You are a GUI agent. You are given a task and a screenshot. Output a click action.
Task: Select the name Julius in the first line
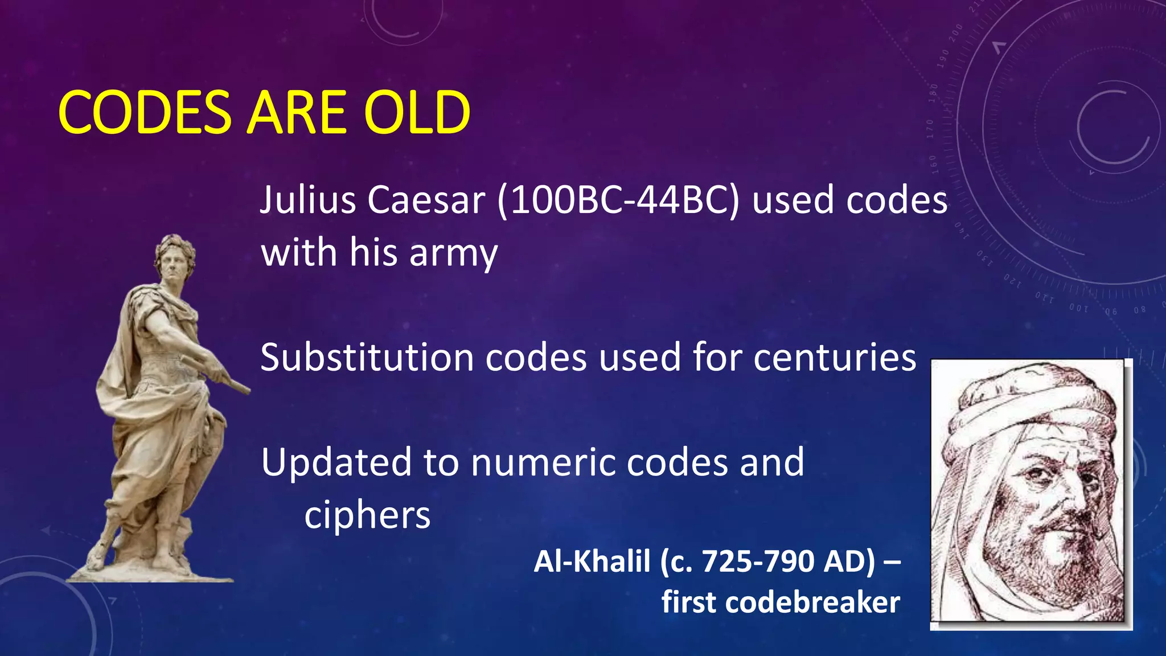click(x=307, y=200)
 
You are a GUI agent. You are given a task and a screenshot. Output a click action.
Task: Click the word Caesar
click(x=426, y=200)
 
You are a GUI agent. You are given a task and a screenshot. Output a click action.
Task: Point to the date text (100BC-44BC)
click(x=618, y=200)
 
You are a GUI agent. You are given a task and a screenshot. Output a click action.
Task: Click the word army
click(x=453, y=253)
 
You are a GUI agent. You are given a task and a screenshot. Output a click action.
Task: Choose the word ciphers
click(x=367, y=515)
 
